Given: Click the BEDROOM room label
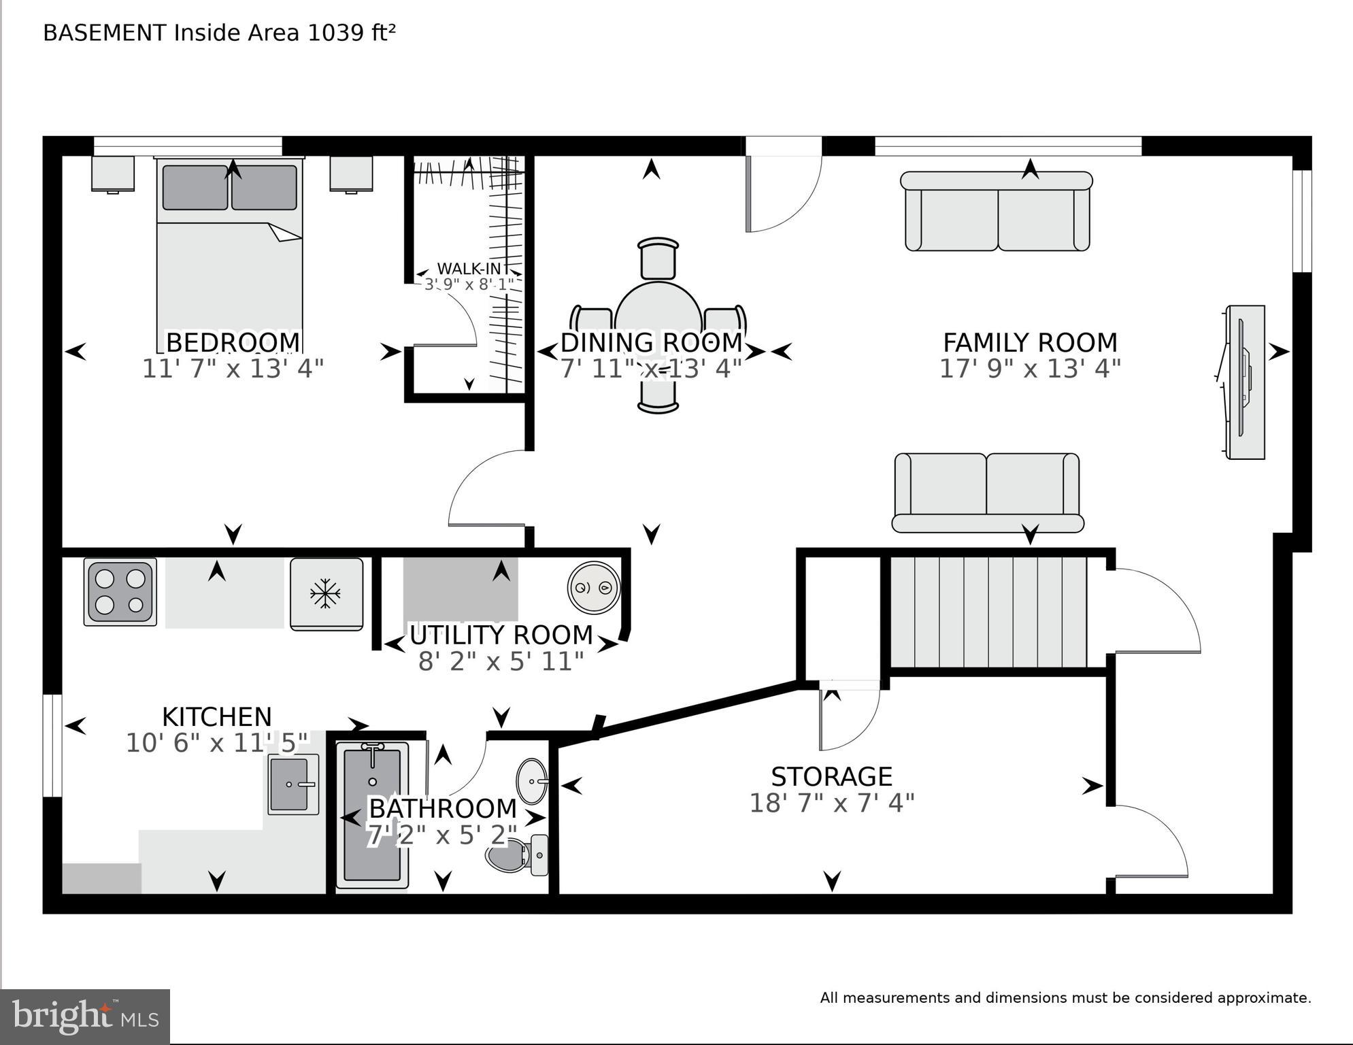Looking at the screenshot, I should pos(233,342).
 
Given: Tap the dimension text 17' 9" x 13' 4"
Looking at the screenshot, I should pos(1030,369).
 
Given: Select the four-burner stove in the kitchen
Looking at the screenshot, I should pos(120,592).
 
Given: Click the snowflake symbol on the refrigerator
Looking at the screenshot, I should pos(325,593).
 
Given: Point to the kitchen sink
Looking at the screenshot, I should pos(293,784).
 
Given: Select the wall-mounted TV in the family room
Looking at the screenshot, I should pos(1244,382).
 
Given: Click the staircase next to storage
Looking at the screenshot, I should pos(988,612).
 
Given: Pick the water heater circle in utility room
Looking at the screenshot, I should pos(594,587).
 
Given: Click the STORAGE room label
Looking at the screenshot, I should pos(831,776).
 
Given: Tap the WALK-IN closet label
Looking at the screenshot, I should pos(468,269).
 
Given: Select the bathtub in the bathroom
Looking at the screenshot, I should pos(372,815).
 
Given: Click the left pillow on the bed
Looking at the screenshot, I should pos(195,187).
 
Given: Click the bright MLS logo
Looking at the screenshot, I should pos(85,1016).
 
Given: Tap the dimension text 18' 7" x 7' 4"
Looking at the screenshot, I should pos(831,803).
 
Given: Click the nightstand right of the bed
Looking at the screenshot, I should pos(351,174).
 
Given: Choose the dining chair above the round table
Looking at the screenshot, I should pos(658,259).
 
